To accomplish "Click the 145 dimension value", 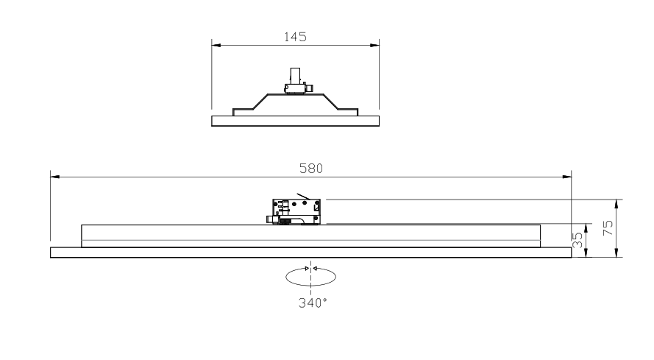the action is pos(295,37).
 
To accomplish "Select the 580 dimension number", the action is pos(311,169).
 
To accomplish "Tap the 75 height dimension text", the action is pos(608,227).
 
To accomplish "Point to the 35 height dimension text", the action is pos(577,240).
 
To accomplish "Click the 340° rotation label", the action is pos(313,303).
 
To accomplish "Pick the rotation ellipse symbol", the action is pos(310,277).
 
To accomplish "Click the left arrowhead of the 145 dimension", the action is pos(216,45).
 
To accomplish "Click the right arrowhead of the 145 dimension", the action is pos(375,45).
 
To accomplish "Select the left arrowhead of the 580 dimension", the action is pos(55,177).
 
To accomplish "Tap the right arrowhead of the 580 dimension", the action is pos(567,177).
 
